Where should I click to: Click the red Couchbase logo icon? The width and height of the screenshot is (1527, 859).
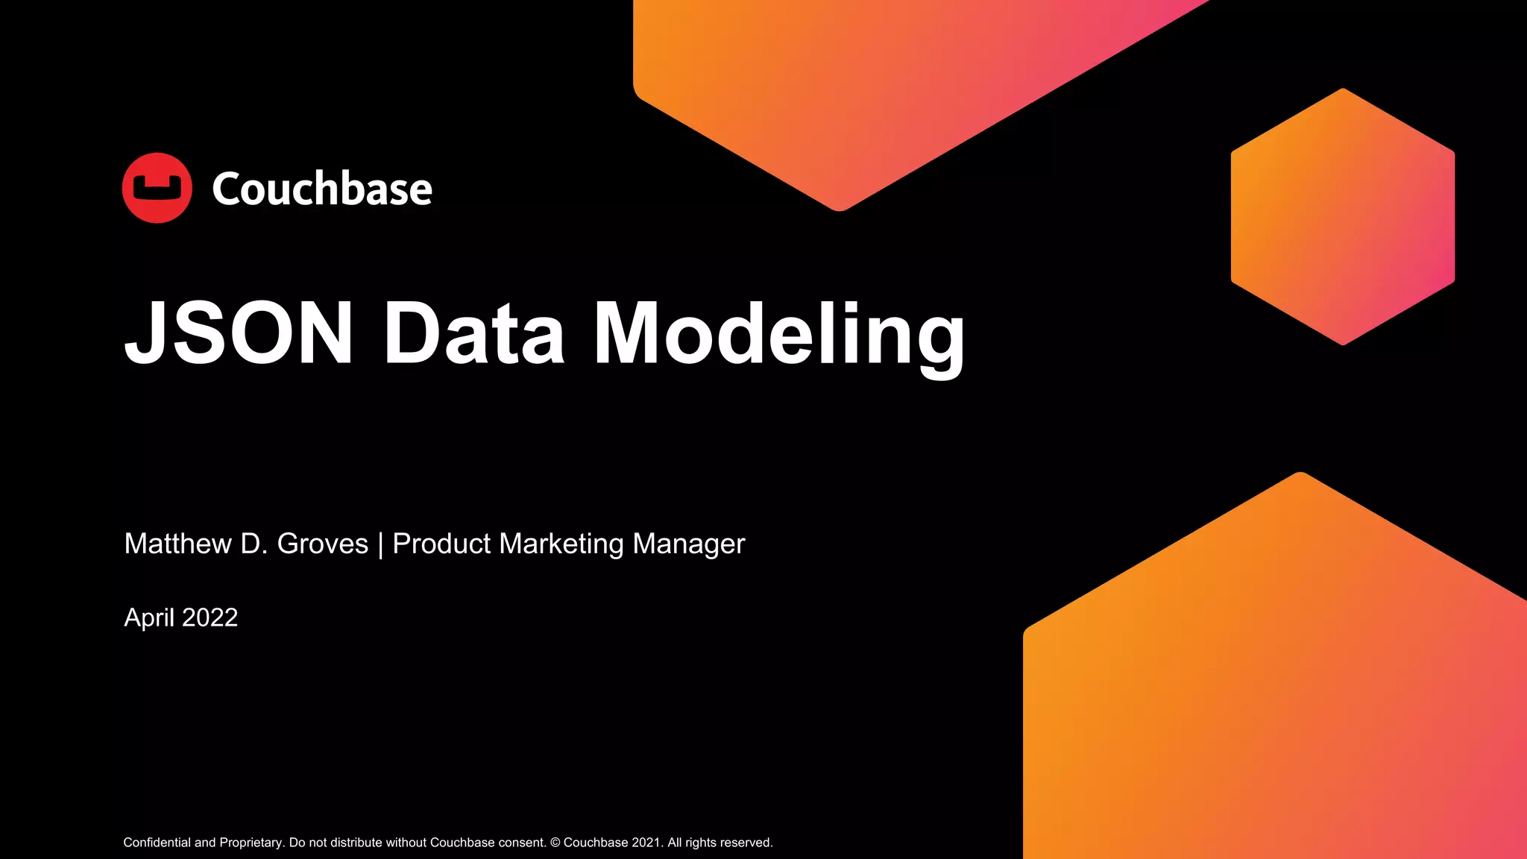tap(157, 188)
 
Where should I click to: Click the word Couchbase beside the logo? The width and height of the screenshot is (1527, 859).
tap(322, 189)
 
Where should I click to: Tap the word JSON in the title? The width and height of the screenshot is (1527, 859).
tap(239, 333)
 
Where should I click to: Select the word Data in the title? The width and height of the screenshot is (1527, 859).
tap(473, 333)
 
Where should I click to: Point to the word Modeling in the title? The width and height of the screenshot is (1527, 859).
tap(779, 336)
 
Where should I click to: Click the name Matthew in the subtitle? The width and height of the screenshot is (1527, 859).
tap(178, 544)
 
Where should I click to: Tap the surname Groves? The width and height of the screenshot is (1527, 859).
tap(322, 544)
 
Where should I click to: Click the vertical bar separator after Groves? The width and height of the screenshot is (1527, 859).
tap(380, 544)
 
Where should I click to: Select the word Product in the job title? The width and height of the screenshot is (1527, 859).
tap(441, 544)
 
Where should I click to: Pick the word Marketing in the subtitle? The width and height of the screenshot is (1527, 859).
tap(561, 544)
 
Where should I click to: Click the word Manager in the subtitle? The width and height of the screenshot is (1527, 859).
tap(688, 544)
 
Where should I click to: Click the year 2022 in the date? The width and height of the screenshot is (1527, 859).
tap(210, 617)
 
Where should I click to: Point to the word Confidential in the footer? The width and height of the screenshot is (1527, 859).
tap(157, 843)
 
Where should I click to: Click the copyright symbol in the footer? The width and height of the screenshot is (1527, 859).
tap(555, 843)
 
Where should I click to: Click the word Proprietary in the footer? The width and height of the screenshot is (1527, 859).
tap(251, 843)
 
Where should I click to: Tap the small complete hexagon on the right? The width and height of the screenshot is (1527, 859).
tap(1342, 216)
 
